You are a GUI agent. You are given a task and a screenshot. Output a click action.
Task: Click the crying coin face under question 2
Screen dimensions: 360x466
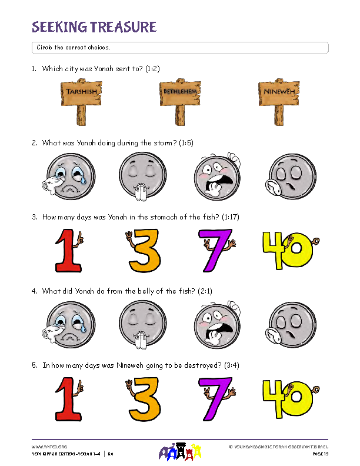69,177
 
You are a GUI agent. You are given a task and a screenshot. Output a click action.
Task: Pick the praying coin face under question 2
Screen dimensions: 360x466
142,175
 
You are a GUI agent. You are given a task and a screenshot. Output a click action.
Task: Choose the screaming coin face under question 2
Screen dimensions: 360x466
218,177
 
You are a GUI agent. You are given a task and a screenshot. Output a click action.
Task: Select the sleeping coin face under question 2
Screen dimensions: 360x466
291,177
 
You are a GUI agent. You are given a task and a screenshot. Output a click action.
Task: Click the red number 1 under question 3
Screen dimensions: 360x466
69,251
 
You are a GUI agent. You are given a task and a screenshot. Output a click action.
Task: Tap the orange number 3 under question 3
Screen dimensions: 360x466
144,251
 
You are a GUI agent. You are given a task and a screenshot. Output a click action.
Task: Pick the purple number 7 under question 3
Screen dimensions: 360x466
216,251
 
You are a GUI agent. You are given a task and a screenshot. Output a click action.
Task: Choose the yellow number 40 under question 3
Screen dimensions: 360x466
290,251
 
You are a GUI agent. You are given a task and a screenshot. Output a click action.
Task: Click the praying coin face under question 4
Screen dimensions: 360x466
142,324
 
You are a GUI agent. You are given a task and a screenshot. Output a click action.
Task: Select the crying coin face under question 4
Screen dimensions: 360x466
69,325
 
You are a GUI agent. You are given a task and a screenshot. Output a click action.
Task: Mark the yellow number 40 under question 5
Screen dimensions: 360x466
290,399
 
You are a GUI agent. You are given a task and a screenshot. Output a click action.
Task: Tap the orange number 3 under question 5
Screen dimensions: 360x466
144,399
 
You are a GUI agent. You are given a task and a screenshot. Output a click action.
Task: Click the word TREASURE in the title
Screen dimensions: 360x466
123,27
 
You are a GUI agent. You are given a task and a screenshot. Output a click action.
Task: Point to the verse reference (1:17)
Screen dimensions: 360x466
231,217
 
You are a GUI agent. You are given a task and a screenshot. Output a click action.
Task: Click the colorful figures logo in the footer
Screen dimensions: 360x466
180,452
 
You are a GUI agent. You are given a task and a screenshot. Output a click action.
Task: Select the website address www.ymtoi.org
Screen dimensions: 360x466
49,447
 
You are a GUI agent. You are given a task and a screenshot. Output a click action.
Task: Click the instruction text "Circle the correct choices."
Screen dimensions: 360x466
74,47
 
